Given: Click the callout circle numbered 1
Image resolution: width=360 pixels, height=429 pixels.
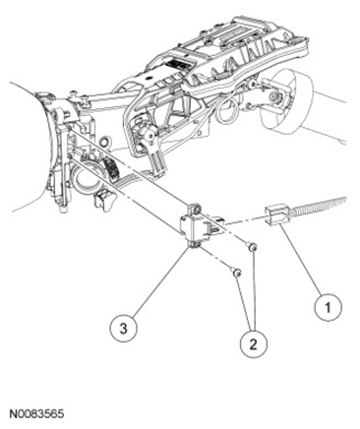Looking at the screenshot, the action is (328, 308).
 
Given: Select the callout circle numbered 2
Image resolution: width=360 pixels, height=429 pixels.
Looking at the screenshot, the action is (254, 344).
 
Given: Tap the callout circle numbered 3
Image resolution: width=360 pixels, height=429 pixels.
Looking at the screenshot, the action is (123, 329).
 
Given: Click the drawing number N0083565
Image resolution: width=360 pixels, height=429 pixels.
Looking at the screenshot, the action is (36, 414).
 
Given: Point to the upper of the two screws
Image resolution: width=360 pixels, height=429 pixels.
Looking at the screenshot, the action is (252, 247).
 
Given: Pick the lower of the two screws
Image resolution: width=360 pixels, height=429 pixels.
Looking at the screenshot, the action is (237, 272).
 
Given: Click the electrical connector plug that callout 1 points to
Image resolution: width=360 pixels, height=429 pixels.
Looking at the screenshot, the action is (277, 215).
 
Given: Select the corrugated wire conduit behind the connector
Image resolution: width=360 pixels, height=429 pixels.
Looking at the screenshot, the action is (318, 206).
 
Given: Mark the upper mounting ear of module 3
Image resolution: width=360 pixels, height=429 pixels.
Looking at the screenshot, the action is (194, 209).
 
